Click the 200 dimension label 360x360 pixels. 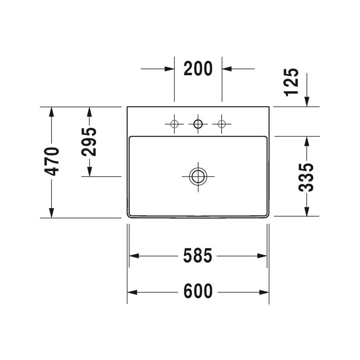(x=198, y=69)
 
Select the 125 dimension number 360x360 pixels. (x=292, y=82)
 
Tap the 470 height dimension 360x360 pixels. (x=52, y=162)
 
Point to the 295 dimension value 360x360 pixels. (x=89, y=142)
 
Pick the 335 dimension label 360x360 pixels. (x=306, y=177)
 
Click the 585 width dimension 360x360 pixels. (x=198, y=256)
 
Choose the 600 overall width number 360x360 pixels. (x=198, y=291)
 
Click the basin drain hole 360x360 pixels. (x=198, y=176)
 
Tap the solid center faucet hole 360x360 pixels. (x=198, y=124)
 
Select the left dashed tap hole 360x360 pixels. (x=174, y=124)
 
